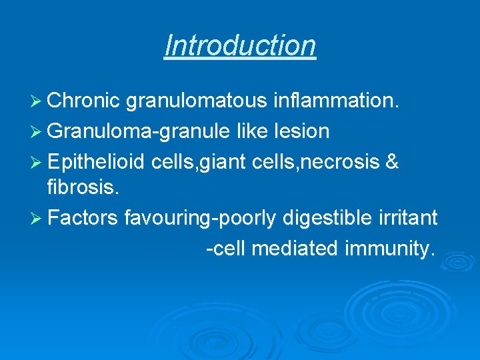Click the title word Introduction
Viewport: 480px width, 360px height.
[240, 45]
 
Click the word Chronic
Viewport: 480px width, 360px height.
[83, 100]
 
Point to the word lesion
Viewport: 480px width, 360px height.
[301, 131]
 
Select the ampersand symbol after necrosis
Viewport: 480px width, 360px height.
[391, 161]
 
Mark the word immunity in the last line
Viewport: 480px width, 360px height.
[390, 249]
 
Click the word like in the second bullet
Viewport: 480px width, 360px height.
[253, 131]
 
